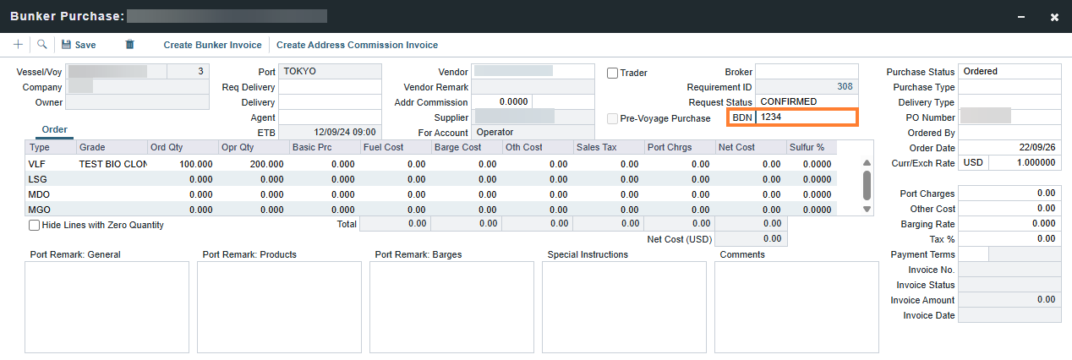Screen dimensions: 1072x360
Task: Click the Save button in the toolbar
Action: click(x=79, y=45)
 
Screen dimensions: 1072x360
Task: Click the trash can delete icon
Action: click(x=129, y=45)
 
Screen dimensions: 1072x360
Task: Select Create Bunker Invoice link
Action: click(x=212, y=45)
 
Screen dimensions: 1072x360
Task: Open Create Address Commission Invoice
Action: click(x=357, y=45)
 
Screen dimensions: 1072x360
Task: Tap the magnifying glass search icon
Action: click(x=42, y=45)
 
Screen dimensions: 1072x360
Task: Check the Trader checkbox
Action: click(x=613, y=74)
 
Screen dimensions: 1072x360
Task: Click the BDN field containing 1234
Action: click(x=807, y=117)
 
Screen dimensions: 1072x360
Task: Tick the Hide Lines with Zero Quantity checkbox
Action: click(x=34, y=225)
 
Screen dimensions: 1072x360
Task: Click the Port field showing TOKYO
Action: click(x=330, y=71)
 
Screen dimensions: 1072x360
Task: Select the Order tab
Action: click(x=55, y=129)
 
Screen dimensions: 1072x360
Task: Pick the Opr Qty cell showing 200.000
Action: click(x=266, y=164)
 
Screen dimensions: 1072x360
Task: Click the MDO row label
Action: click(x=39, y=194)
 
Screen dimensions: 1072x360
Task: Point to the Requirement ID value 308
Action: click(x=845, y=86)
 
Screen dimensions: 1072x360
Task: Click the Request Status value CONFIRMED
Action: click(x=789, y=102)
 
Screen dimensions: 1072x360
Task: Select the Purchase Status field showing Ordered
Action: click(x=1009, y=71)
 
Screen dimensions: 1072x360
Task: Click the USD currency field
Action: click(x=973, y=162)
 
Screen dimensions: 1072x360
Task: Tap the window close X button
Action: click(x=1054, y=17)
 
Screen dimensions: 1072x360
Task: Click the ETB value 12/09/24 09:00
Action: click(x=345, y=132)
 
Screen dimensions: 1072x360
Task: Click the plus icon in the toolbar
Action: click(x=19, y=45)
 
